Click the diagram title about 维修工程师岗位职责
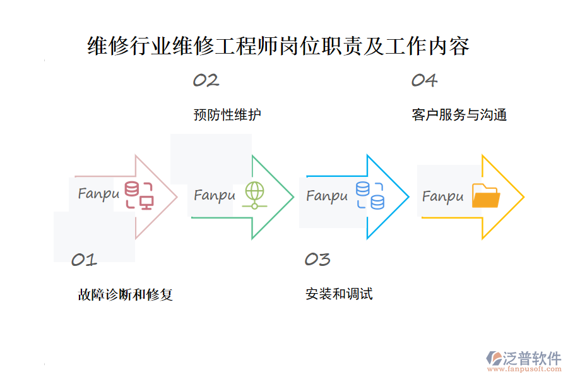[x=278, y=47]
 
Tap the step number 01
[x=84, y=260]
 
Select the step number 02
[x=206, y=80]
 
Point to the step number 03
[x=317, y=259]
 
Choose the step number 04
[x=424, y=80]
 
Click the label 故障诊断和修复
[x=126, y=294]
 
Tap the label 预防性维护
[x=227, y=115]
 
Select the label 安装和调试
[x=339, y=294]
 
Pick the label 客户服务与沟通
[x=459, y=115]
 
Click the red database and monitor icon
[x=139, y=195]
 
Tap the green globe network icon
[x=254, y=195]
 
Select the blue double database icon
[x=370, y=195]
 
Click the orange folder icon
[x=486, y=196]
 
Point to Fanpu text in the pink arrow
[x=98, y=194]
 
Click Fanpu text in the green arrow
[x=215, y=195]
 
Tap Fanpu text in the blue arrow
[x=327, y=196]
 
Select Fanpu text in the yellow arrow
[x=442, y=197]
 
